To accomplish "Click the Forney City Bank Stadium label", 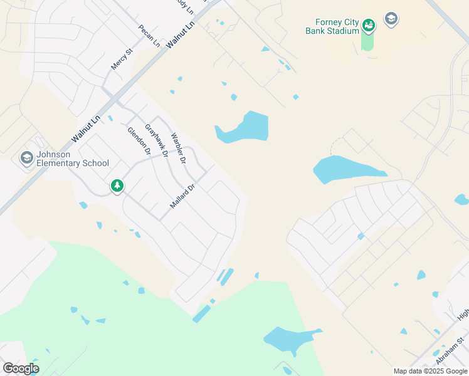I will coord(332,26).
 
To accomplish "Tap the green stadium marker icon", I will coord(369,24).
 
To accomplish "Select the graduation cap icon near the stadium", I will coord(391,19).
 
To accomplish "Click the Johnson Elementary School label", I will coord(73,159).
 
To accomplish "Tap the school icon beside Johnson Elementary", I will coord(27,157).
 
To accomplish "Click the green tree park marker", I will coord(117,185).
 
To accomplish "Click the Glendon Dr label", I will coord(139,141).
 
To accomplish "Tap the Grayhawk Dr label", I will coord(157,140).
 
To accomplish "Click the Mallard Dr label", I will coord(182,196).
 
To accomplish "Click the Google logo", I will coord(21,368).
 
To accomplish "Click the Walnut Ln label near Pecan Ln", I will coord(181,33).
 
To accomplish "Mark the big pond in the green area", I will coord(288,339).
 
